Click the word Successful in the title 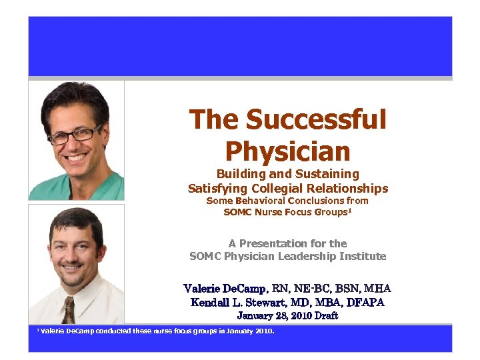click(316, 120)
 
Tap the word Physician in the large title click(288, 151)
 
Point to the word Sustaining click(327, 174)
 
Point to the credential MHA click(377, 289)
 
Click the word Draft click(326, 315)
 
